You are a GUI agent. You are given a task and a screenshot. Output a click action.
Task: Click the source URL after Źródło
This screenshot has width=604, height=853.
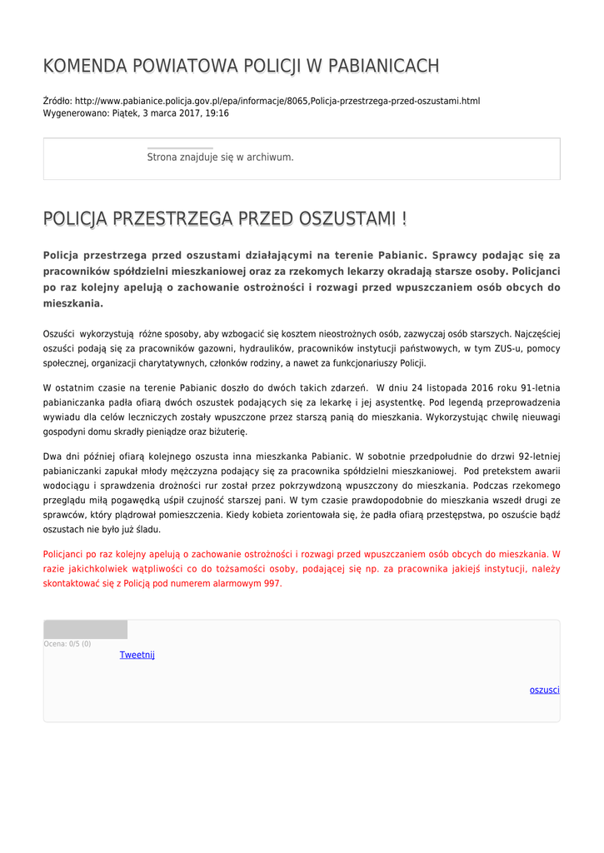pos(277,101)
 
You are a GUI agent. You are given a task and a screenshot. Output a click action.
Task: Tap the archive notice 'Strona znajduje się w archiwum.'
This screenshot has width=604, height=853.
pos(220,157)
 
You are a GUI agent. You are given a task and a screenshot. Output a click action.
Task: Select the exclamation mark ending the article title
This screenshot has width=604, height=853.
pos(404,219)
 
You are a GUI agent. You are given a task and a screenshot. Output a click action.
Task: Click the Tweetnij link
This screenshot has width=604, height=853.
pos(137,655)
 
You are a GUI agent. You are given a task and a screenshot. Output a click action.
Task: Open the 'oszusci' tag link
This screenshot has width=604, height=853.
pos(544,690)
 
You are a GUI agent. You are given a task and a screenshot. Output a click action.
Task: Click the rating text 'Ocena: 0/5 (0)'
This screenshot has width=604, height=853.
pos(67,644)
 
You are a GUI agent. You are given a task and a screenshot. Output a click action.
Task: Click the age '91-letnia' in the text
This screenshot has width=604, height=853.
pos(540,387)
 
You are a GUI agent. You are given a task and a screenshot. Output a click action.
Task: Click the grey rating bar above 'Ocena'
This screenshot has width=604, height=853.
pos(85,629)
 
